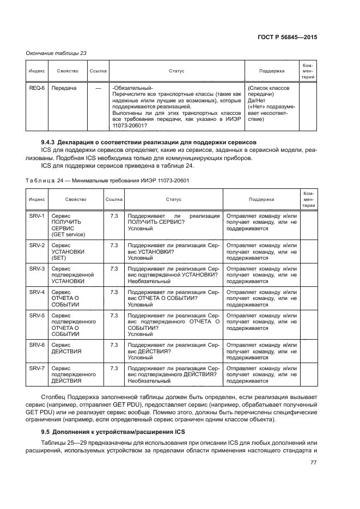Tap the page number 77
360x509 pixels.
pos(313,463)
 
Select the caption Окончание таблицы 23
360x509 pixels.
pos(57,53)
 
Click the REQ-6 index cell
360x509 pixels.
pos(36,88)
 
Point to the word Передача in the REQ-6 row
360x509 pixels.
pos(64,88)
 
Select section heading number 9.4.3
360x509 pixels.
pos(44,142)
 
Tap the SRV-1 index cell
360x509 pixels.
pos(36,216)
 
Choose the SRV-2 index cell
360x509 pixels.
pos(36,246)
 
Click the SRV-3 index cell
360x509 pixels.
pos(36,268)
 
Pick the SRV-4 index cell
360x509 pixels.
pos(36,292)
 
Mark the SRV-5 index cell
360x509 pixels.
pos(36,315)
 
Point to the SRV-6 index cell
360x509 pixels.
pos(36,345)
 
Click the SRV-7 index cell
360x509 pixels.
pos(36,369)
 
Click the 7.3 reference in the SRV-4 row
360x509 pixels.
pos(114,292)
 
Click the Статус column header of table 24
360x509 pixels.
pos(174,200)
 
